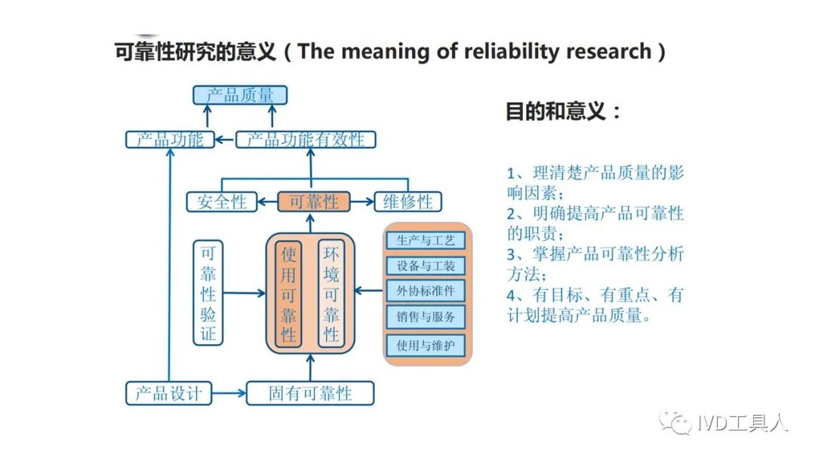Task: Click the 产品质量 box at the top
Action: (x=240, y=95)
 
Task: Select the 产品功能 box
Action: (x=170, y=140)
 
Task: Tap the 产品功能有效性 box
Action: (x=306, y=140)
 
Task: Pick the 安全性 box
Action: (x=222, y=202)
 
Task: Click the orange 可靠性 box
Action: (x=313, y=202)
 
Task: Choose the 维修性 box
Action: (x=408, y=202)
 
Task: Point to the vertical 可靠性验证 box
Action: (x=208, y=293)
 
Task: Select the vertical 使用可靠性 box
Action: (x=288, y=293)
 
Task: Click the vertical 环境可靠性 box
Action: (x=331, y=293)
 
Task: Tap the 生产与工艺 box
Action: (x=426, y=240)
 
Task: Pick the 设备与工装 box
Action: (x=426, y=266)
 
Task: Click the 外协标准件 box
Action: (x=426, y=291)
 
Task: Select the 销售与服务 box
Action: (x=426, y=316)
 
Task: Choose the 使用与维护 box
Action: (x=426, y=345)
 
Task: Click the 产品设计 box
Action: (x=169, y=393)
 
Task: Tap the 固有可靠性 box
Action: (x=310, y=393)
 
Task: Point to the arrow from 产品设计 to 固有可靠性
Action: (x=229, y=393)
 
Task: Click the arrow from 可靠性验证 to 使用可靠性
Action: (x=244, y=293)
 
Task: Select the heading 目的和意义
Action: (x=562, y=111)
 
